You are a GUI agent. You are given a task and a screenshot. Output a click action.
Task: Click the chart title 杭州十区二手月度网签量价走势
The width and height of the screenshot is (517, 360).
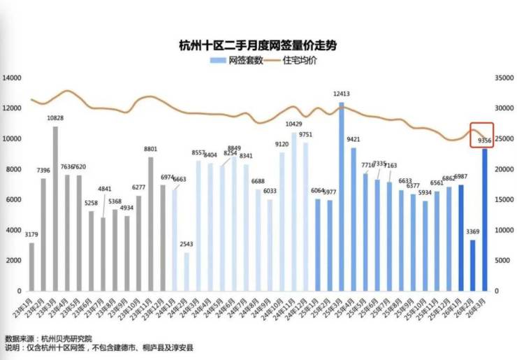(x=258, y=46)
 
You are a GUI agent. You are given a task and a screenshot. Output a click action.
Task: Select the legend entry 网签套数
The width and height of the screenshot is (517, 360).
(x=236, y=61)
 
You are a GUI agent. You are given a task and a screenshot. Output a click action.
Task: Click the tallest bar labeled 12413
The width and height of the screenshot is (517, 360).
(x=342, y=196)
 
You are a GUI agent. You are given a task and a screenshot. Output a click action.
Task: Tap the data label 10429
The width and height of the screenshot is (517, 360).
(x=293, y=124)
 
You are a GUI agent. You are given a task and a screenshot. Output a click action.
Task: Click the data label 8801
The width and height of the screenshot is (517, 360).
(x=150, y=149)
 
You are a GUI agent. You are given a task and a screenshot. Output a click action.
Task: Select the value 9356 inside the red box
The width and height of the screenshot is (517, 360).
(x=484, y=141)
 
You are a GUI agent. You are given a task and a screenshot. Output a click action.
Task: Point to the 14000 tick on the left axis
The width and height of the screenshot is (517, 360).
(x=13, y=78)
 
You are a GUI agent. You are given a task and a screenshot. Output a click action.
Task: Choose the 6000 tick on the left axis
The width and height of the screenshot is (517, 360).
(x=15, y=200)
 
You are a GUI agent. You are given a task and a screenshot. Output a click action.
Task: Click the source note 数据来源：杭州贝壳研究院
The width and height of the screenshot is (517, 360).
(x=48, y=337)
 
